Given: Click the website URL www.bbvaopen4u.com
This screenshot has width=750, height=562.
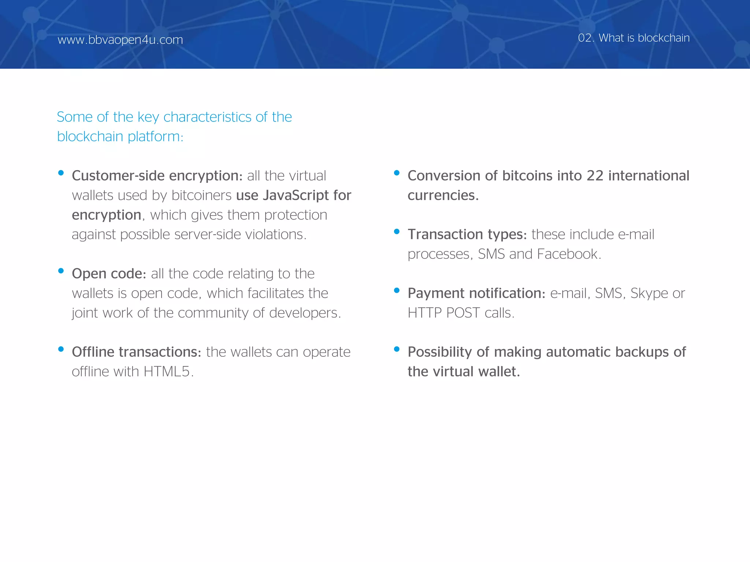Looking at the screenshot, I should pos(120,40).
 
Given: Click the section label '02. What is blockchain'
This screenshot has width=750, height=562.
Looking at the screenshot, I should pos(634,38).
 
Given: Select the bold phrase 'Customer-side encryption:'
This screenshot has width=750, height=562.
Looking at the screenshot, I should pos(157,176).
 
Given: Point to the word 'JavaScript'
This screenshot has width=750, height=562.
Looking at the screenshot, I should pos(296,195).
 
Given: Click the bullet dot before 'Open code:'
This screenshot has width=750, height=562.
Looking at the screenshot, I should pos(61,271).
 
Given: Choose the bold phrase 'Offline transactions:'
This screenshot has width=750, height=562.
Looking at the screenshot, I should pos(136,352).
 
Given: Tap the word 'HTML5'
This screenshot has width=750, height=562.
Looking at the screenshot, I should pos(167,372).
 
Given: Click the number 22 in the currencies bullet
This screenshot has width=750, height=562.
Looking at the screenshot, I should pos(595,176).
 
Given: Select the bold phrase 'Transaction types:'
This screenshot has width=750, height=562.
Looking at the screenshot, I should pos(467,235).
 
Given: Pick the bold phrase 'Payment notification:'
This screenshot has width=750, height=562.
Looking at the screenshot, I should pos(476,293).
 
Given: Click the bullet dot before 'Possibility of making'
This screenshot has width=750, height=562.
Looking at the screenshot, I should pos(397,349).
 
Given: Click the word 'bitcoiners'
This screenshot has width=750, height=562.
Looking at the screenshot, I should pos(201,195).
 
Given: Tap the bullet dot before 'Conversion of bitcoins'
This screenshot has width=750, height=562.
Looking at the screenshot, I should pos(397,173).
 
